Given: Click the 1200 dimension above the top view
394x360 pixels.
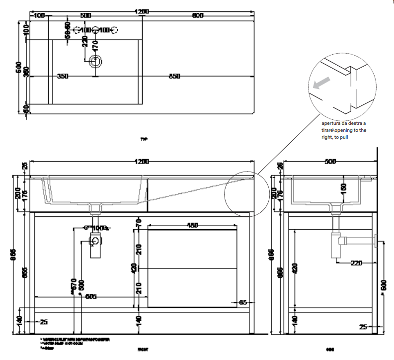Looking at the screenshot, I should [x=142, y=11].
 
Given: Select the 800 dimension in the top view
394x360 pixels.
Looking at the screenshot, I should [x=198, y=15].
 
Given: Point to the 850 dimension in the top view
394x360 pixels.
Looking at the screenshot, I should [x=174, y=76].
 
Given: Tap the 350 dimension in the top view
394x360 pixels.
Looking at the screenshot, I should [x=63, y=76].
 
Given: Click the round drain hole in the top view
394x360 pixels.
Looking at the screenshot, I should [x=95, y=62].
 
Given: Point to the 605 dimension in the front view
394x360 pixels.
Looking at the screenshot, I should [x=90, y=297].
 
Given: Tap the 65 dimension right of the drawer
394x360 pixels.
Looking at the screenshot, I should [x=242, y=302].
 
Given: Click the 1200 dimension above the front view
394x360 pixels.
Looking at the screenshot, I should [x=142, y=162].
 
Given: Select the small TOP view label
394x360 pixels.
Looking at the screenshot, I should [x=144, y=140].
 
